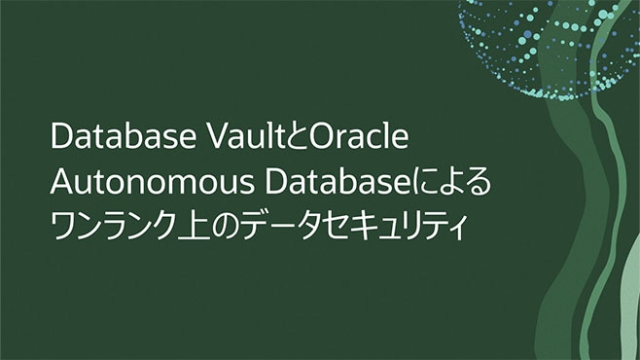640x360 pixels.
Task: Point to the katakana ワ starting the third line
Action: tap(67, 226)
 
